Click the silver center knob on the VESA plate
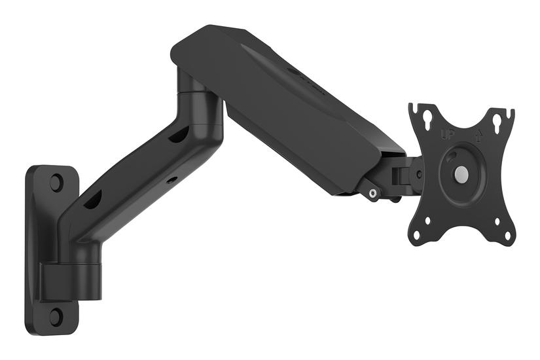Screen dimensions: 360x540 tap(461, 173)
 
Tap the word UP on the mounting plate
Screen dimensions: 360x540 tap(448, 135)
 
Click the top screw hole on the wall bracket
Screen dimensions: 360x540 tap(56, 182)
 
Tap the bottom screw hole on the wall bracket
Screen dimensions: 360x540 tap(56, 316)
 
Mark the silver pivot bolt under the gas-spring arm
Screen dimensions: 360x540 tap(372, 192)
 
